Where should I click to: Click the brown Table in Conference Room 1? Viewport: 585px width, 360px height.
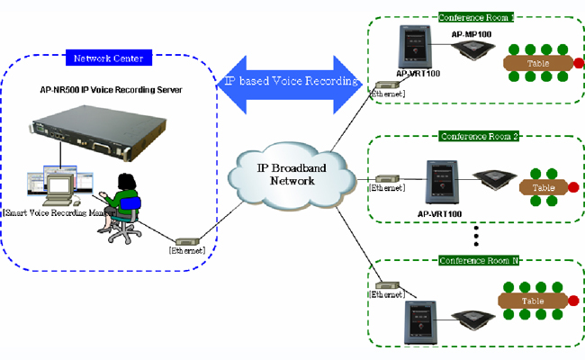pos(537,62)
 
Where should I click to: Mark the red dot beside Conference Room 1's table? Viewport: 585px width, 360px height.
pos(576,62)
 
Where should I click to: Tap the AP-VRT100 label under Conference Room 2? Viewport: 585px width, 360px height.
pos(441,214)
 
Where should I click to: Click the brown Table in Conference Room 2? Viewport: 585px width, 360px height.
pos(543,187)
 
